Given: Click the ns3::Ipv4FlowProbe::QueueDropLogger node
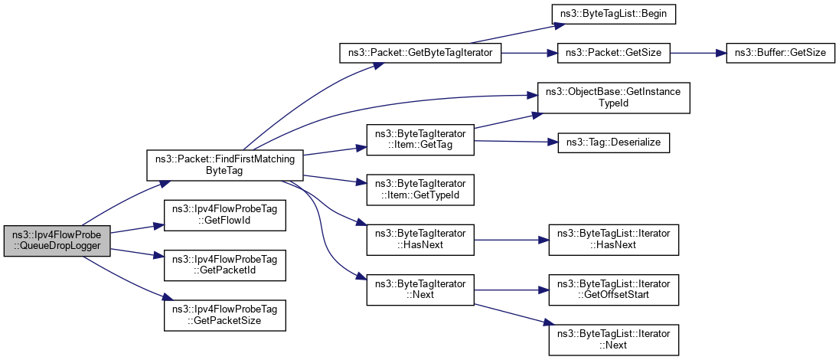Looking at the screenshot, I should [57, 241].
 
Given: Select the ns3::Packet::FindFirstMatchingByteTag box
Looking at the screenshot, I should [225, 166].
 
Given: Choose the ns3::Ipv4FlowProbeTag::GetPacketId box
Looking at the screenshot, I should [225, 266].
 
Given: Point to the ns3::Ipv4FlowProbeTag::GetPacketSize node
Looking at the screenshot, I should [225, 316].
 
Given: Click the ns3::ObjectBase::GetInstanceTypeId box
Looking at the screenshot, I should [614, 97].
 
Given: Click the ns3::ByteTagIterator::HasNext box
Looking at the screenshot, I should [421, 238].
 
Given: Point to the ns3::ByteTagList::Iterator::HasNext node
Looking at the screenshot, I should [614, 238].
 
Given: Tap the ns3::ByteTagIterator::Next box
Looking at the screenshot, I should [421, 288].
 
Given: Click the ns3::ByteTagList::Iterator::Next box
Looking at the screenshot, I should [614, 339].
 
